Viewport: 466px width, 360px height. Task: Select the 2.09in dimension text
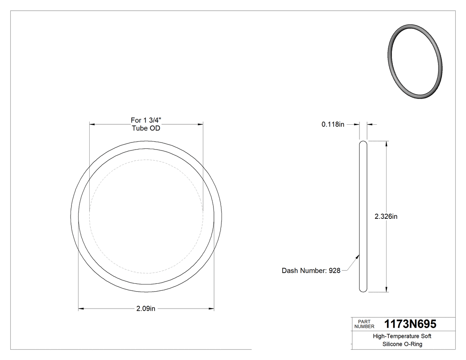146,309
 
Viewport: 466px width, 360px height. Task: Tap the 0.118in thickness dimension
333,125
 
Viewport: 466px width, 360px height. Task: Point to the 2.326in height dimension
386,217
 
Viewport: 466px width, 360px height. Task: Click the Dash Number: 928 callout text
311,270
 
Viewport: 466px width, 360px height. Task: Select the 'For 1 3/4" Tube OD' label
146,124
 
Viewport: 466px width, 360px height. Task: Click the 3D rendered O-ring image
415,61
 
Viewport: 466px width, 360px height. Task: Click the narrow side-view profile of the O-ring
363,217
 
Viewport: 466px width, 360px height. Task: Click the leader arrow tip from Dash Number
359,255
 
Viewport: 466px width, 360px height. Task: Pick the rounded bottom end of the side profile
363,290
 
